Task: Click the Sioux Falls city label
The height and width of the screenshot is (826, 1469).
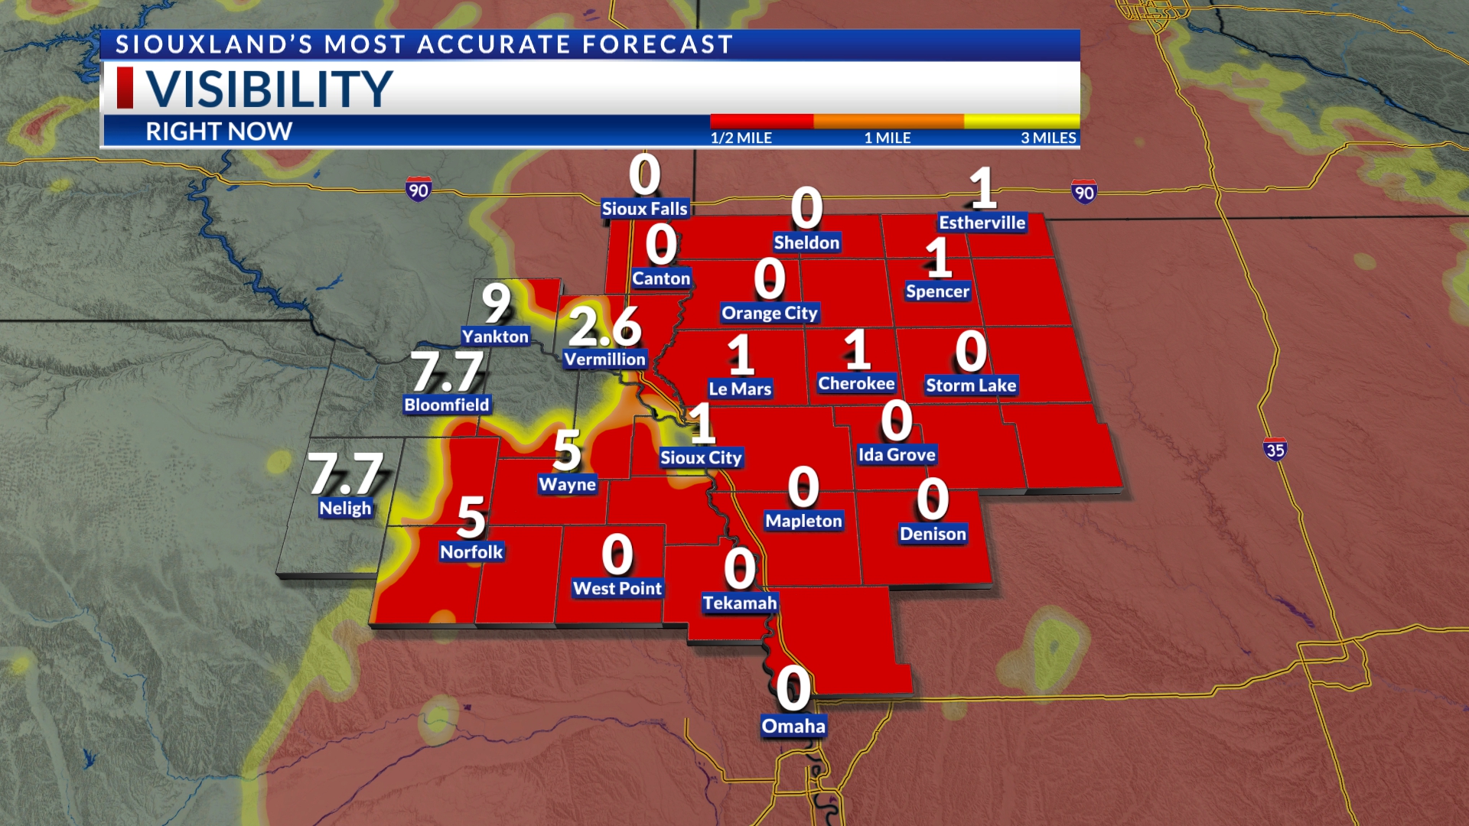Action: [x=644, y=209]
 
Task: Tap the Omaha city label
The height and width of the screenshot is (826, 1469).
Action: [x=793, y=726]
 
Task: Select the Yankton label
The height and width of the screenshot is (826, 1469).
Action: [x=495, y=337]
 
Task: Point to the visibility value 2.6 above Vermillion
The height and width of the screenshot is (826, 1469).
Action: [x=604, y=327]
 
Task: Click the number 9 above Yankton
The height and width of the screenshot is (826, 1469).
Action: [x=496, y=303]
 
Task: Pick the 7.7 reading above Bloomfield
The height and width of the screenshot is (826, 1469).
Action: [x=448, y=372]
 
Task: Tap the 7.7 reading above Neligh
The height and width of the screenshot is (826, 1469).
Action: [x=346, y=474]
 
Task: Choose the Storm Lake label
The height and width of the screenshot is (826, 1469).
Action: [x=971, y=385]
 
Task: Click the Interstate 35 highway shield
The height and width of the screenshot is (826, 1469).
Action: [x=1275, y=450]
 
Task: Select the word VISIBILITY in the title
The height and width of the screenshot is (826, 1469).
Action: [x=269, y=89]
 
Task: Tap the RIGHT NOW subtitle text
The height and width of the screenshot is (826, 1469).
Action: [x=219, y=132]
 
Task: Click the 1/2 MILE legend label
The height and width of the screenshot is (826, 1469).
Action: [x=741, y=138]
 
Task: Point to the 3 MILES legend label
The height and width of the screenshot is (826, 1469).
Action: [x=1048, y=138]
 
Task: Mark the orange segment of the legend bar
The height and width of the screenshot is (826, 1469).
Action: [x=888, y=122]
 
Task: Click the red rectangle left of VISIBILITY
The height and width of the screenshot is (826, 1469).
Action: [x=125, y=88]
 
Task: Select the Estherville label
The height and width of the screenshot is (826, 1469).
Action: [x=982, y=223]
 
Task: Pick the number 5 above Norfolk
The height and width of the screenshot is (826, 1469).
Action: [x=471, y=518]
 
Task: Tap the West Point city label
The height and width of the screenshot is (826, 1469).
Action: [x=617, y=588]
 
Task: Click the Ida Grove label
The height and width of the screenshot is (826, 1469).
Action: [x=897, y=455]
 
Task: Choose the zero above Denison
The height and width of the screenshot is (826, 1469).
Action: [x=933, y=499]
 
